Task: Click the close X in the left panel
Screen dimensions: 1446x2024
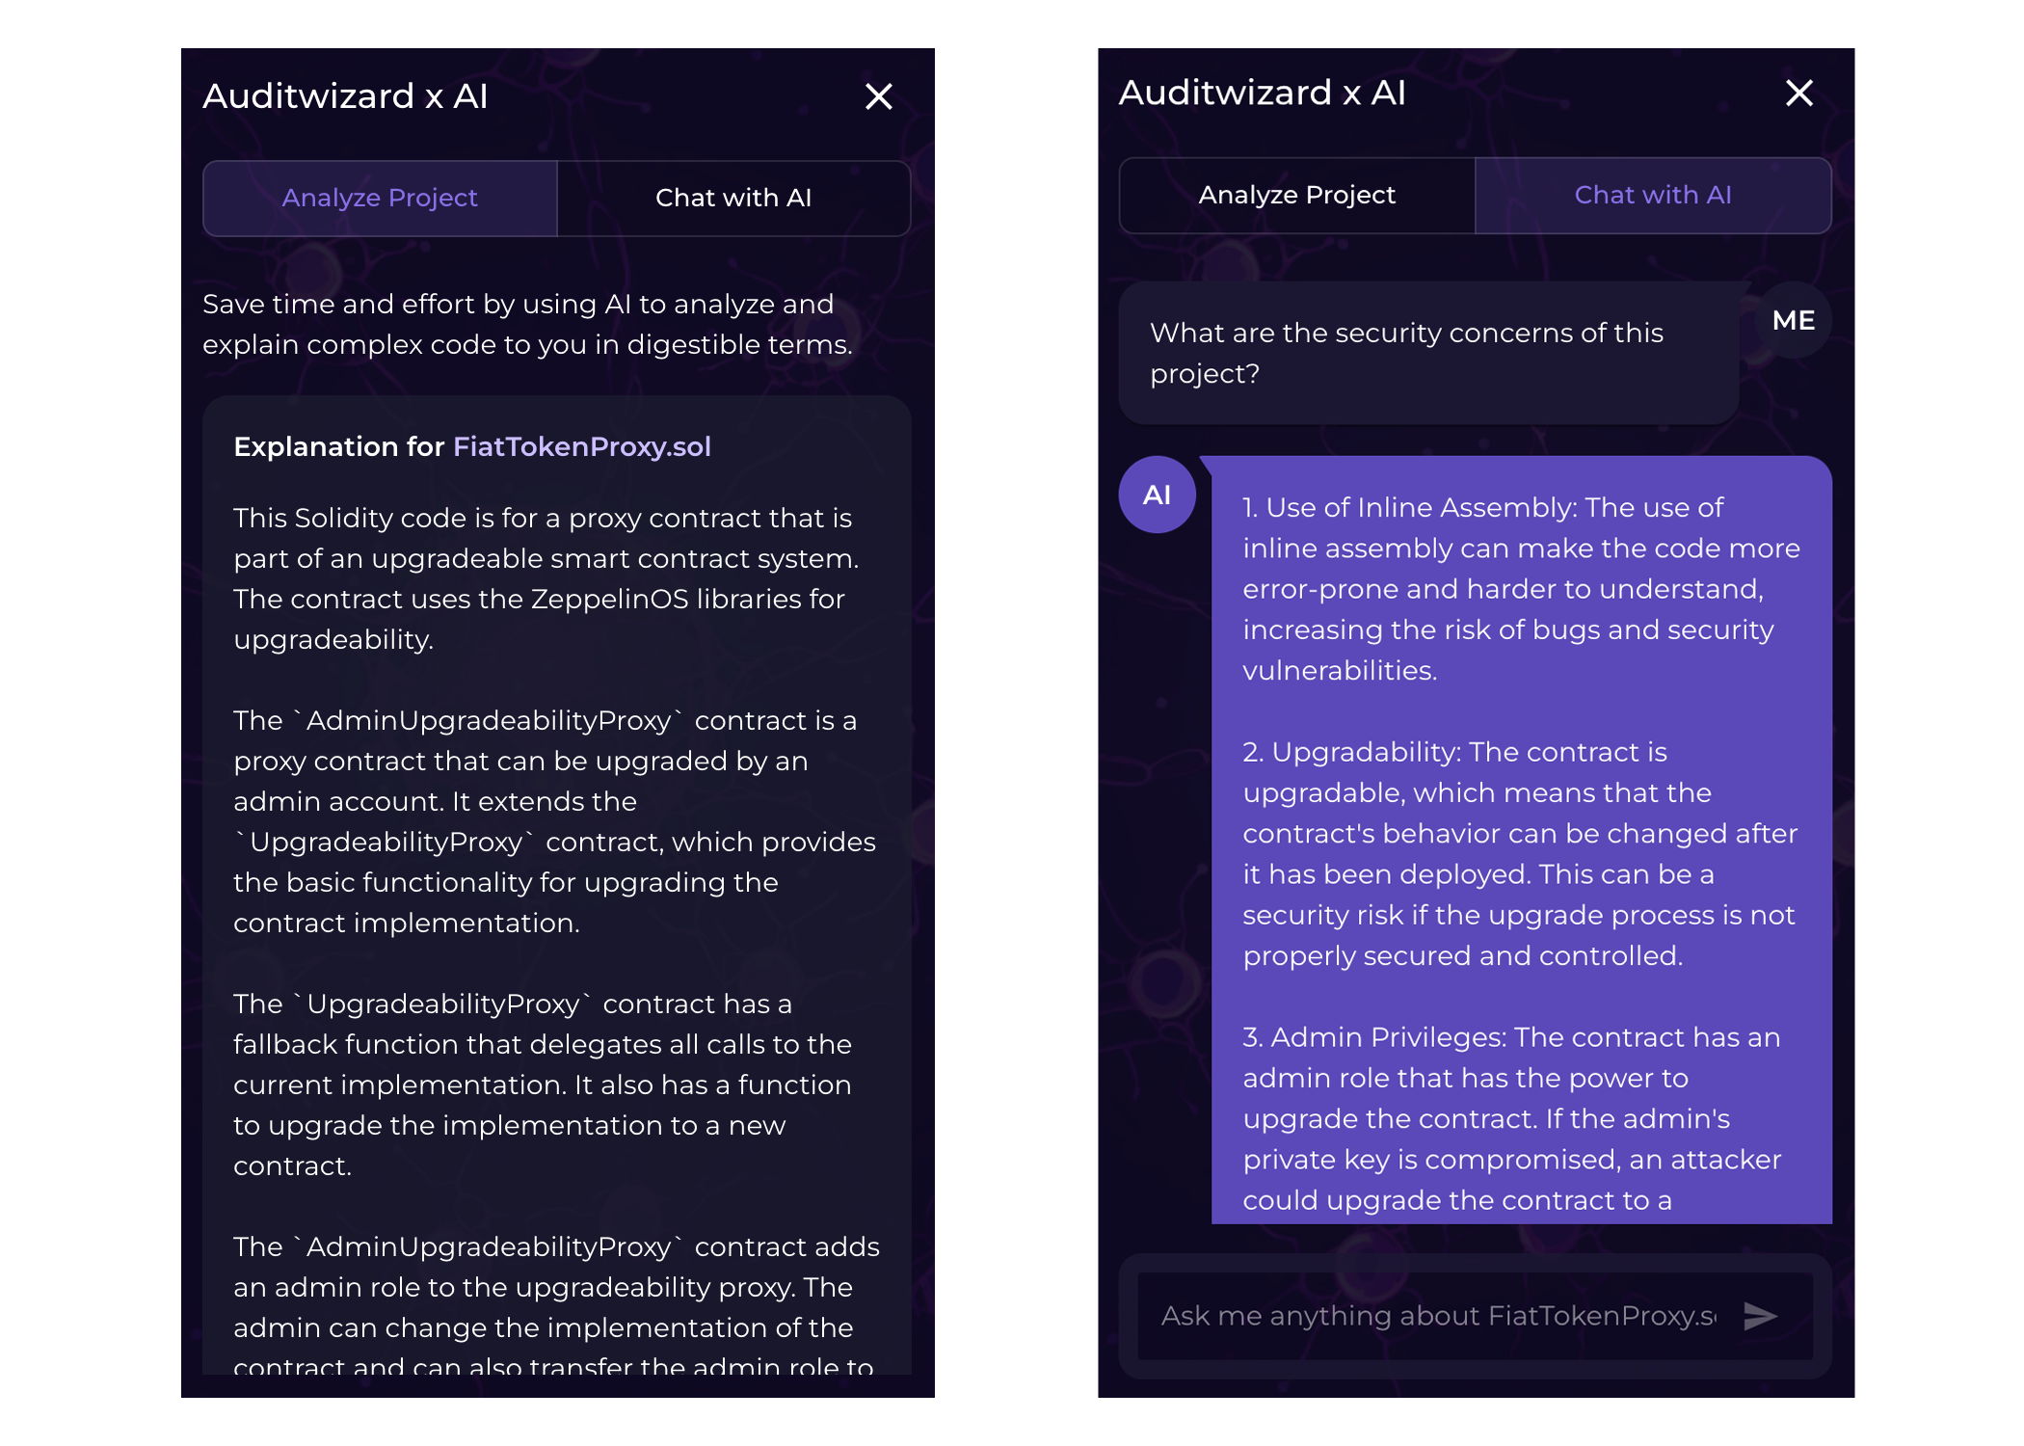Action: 878,96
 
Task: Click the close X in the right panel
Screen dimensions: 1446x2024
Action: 1798,94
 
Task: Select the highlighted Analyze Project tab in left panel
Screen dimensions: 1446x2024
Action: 380,198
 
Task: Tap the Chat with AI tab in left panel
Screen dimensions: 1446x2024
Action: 733,198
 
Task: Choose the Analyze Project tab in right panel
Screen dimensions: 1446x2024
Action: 1296,195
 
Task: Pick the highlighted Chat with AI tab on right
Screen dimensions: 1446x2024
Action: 1652,195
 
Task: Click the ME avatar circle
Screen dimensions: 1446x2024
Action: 1793,320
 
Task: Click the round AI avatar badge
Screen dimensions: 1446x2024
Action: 1157,495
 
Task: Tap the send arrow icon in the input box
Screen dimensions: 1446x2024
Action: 1760,1316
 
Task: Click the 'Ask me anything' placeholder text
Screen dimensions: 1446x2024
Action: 1436,1316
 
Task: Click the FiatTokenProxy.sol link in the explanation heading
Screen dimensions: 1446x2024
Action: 581,446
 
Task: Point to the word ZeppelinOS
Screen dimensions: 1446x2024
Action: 609,599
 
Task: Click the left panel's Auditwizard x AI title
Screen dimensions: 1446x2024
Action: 345,96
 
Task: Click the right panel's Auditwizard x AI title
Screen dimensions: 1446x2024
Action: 1262,93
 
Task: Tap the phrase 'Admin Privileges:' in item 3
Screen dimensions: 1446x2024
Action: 1388,1037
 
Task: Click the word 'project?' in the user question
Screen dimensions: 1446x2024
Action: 1204,374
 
